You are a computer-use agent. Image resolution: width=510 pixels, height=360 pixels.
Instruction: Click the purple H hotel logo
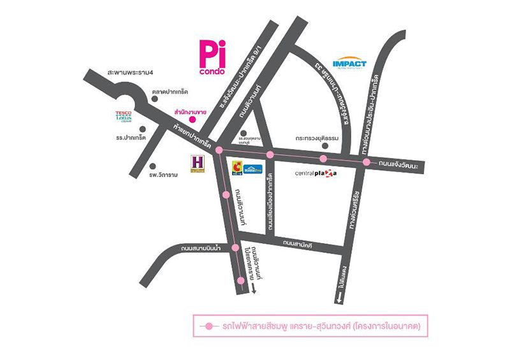198,163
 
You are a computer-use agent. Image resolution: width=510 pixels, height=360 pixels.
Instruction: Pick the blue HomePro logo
254,169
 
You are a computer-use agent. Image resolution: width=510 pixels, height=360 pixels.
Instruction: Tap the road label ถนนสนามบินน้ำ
196,241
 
